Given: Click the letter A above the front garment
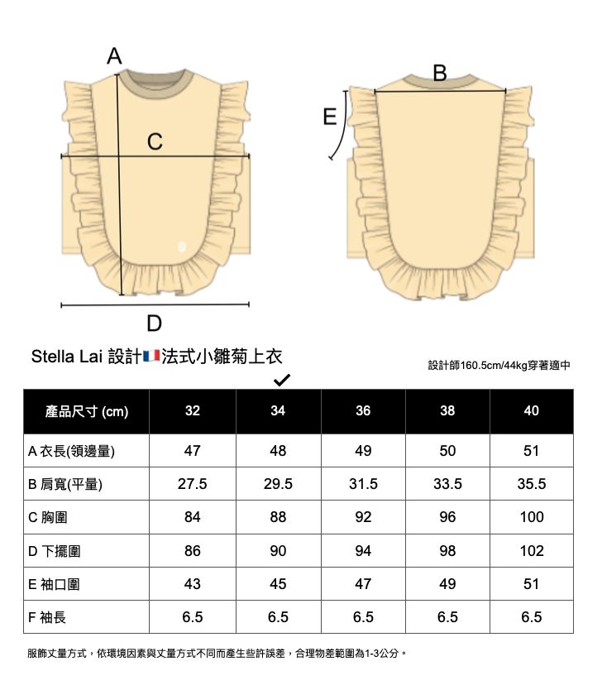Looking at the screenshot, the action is (x=114, y=56).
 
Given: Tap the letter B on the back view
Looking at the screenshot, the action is (x=439, y=73).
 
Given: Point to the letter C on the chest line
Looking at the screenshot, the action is (x=155, y=142).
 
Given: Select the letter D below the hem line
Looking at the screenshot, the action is (x=154, y=322).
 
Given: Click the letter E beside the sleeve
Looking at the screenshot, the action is (x=330, y=117).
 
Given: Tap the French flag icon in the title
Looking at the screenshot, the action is (x=151, y=357).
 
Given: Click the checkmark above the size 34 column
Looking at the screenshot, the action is (x=280, y=380).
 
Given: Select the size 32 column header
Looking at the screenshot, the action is (x=193, y=411).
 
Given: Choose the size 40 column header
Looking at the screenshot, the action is (x=531, y=411).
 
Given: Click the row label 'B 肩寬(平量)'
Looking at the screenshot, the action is (x=65, y=484).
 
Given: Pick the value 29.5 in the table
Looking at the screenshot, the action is (x=278, y=484).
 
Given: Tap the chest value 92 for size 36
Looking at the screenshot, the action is (x=363, y=517).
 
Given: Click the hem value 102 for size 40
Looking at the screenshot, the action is (x=531, y=550).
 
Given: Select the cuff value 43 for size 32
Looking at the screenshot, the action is (x=193, y=583).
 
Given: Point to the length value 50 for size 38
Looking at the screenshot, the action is (x=447, y=451).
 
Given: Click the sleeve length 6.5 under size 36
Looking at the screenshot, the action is (x=363, y=616).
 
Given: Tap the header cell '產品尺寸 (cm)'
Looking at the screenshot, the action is (x=87, y=411).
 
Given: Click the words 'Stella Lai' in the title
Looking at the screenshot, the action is (x=66, y=357).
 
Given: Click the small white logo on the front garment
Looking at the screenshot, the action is (x=182, y=246).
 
